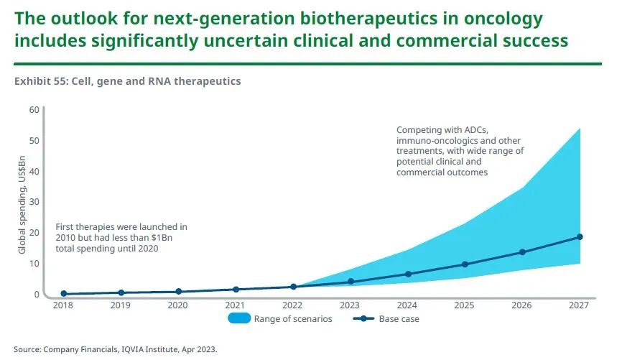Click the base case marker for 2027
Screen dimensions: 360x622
click(x=579, y=237)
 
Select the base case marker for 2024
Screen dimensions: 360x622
click(x=408, y=274)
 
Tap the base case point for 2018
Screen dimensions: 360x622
click(x=64, y=293)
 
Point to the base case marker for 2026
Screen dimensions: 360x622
click(x=522, y=252)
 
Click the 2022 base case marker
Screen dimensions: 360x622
click(x=293, y=287)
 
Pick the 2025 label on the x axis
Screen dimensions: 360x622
click(x=465, y=305)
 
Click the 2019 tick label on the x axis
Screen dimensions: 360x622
click(x=121, y=305)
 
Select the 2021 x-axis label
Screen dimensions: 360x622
click(x=236, y=305)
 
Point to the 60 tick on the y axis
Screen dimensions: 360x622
click(x=34, y=109)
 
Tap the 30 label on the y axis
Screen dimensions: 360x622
click(x=34, y=202)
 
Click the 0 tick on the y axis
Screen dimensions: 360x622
click(x=36, y=294)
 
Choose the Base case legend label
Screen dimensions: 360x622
click(x=399, y=319)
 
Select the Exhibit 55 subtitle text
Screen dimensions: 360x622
click(x=127, y=81)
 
